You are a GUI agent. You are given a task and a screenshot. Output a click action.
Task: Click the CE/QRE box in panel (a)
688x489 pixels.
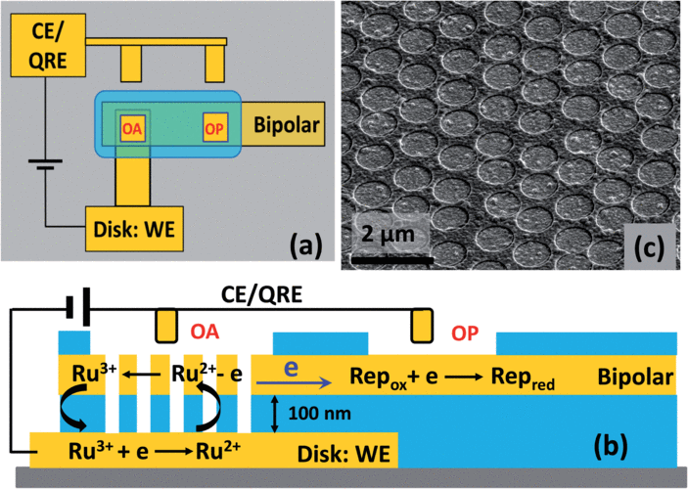click(47, 46)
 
